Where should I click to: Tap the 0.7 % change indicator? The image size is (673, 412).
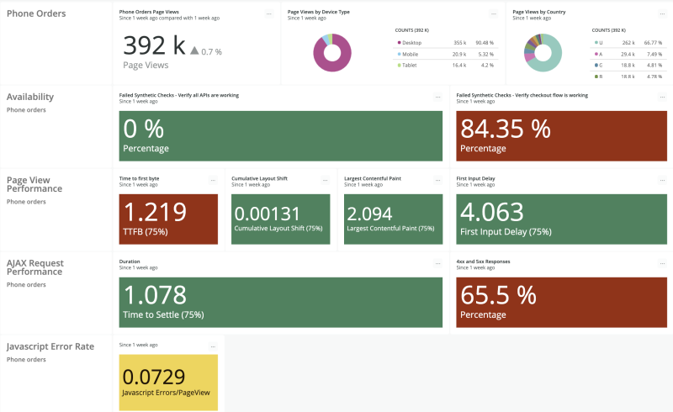[x=206, y=51]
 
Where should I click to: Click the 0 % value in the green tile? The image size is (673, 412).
[x=144, y=129]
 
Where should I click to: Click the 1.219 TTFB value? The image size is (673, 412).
[x=154, y=212]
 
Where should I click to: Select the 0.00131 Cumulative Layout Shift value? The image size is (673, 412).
[x=266, y=214]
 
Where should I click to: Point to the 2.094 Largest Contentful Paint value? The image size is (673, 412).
[x=369, y=214]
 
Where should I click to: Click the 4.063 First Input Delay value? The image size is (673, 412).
[x=492, y=212]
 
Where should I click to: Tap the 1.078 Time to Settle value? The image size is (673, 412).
[x=156, y=294]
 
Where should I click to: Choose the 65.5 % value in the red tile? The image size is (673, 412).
[x=497, y=294]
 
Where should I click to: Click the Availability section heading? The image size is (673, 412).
[x=30, y=97]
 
